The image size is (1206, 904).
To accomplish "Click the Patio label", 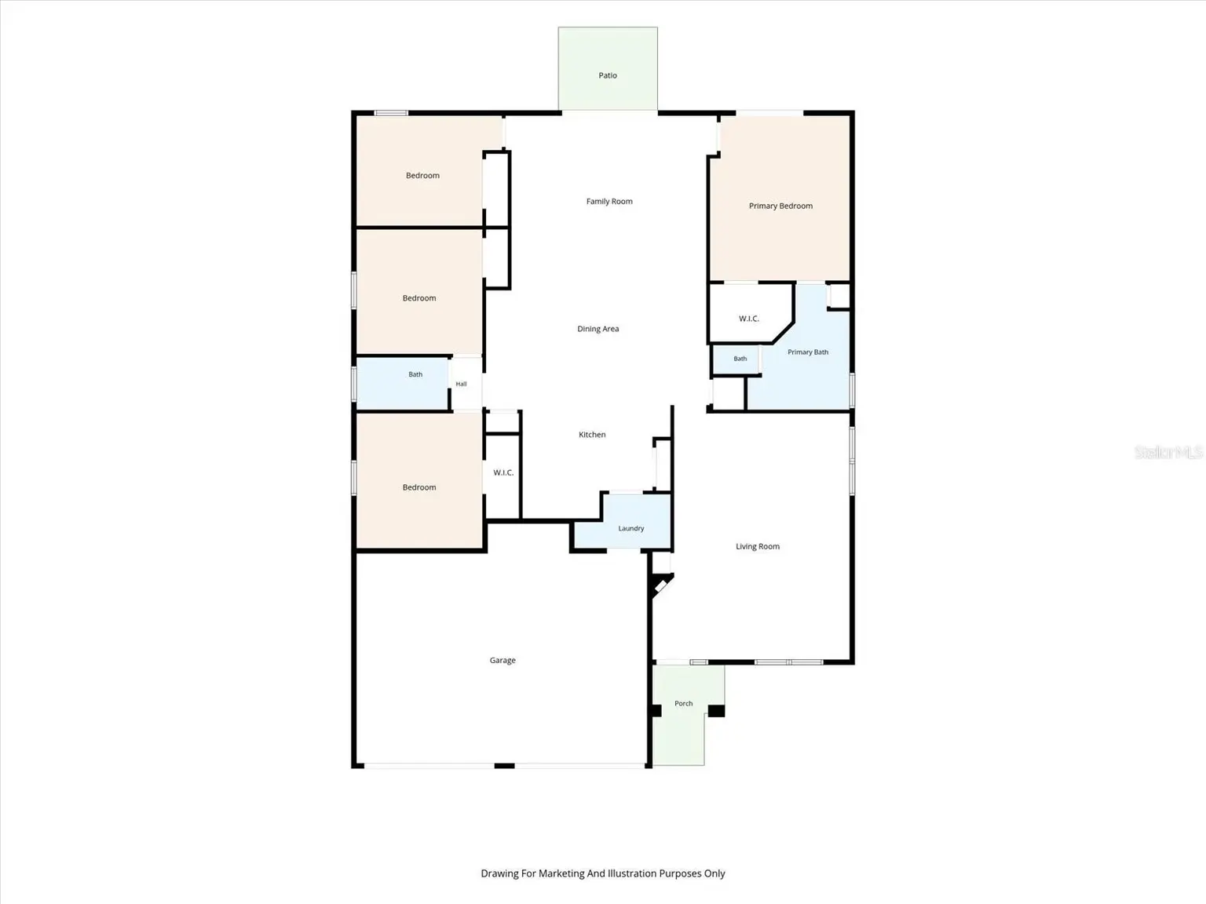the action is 608,75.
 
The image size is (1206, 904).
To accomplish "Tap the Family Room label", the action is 609,202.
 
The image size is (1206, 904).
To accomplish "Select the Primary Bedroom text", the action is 780,206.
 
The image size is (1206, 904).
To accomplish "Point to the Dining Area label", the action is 598,329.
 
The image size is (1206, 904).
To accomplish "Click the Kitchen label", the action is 592,434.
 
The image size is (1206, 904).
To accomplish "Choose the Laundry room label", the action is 630,528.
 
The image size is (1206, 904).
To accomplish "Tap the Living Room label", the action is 758,546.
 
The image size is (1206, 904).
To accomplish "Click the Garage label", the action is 502,660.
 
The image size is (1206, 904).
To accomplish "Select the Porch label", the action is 684,703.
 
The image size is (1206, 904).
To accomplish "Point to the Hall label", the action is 461,384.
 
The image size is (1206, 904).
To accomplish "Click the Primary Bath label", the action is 808,352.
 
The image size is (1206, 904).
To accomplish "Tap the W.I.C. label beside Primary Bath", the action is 749,319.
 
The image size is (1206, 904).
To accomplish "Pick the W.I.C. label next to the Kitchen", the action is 503,472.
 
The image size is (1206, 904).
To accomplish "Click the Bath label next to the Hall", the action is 415,374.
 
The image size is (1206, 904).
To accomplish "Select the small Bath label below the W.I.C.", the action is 740,359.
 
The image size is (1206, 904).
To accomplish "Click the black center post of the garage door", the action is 504,766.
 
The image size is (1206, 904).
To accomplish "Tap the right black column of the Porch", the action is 716,711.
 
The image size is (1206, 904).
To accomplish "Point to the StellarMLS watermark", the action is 1168,452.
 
